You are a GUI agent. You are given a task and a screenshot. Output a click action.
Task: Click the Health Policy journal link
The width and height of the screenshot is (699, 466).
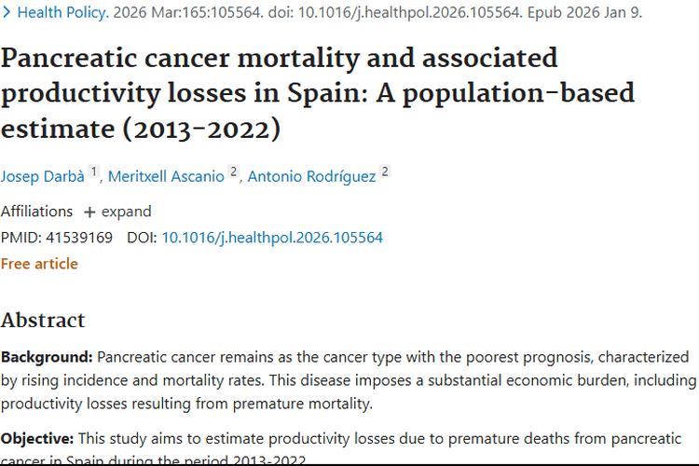(x=62, y=13)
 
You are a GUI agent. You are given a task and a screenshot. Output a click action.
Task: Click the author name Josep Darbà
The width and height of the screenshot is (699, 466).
(x=42, y=175)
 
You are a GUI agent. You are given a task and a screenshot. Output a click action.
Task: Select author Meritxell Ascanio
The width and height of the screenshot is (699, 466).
(x=166, y=175)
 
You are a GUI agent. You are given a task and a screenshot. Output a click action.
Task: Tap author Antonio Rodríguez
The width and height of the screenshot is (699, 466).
(x=311, y=175)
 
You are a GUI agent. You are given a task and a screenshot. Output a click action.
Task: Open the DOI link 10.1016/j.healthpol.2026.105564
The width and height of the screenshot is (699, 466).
(x=272, y=238)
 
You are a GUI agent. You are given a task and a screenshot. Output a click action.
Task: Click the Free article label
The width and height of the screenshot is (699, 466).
(x=39, y=264)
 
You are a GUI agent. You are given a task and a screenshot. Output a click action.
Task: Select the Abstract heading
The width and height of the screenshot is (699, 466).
(x=43, y=320)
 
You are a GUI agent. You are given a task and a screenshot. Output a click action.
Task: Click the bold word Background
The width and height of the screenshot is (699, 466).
(x=45, y=357)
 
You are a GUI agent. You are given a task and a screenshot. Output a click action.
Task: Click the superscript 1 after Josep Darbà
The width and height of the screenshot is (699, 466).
(x=94, y=171)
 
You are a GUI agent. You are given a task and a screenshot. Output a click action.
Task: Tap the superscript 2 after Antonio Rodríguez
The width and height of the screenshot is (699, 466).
(x=385, y=171)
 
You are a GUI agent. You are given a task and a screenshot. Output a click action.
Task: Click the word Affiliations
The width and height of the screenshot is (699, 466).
(x=36, y=212)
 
